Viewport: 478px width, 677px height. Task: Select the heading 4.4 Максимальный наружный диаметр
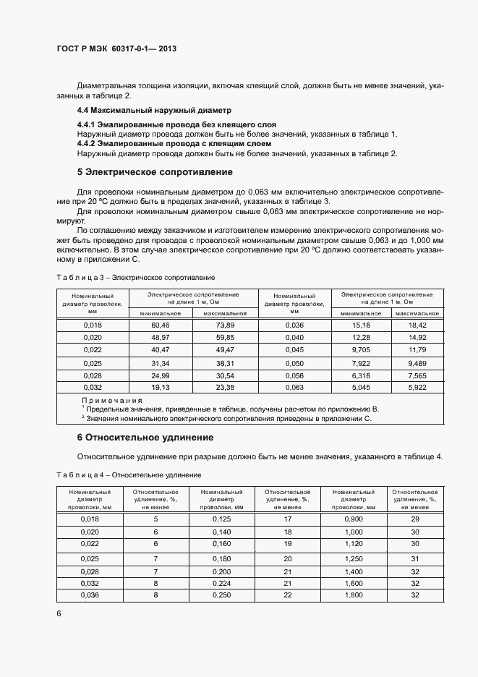coord(153,111)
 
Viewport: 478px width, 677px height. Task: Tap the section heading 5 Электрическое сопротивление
coord(155,172)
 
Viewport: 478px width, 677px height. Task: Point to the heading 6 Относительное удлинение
coord(145,438)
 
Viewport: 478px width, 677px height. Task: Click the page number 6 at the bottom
coord(59,613)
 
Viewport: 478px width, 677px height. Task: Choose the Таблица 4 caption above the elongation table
coord(128,474)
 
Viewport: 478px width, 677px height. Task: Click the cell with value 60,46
coord(160,325)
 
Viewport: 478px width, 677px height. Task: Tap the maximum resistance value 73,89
coord(225,325)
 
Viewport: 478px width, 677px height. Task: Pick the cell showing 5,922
coord(418,387)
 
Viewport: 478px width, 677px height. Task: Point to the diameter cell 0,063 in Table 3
coord(294,387)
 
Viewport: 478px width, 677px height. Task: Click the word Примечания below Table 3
coord(112,400)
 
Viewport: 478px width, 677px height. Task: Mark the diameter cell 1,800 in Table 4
coord(354,595)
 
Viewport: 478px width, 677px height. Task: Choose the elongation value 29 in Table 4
coord(415,519)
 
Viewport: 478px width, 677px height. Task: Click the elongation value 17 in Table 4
coord(287,519)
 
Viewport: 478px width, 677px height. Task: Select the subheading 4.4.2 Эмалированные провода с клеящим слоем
coord(174,143)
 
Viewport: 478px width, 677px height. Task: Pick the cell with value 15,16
coord(360,325)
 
